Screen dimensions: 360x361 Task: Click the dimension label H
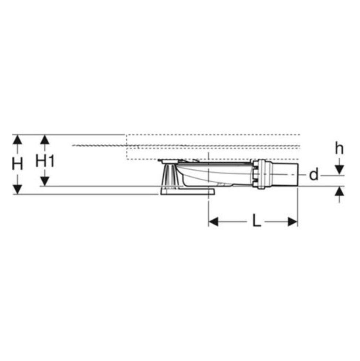click(x=17, y=165)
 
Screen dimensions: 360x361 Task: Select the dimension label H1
click(x=45, y=161)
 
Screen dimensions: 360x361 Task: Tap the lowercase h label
click(x=339, y=148)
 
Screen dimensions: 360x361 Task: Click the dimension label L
click(x=257, y=220)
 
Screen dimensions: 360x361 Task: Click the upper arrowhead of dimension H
click(x=17, y=140)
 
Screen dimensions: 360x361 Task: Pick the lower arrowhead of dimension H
click(x=17, y=189)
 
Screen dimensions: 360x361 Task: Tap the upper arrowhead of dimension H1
click(x=45, y=140)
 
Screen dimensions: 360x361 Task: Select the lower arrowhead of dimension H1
click(x=45, y=181)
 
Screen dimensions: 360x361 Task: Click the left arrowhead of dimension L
click(x=213, y=222)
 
